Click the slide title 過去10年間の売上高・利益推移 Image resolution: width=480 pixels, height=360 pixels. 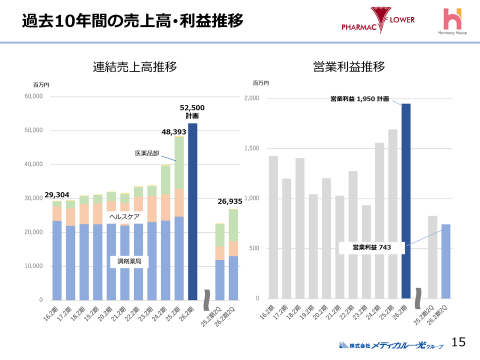coord(132,21)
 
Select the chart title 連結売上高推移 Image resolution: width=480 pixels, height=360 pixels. coord(135,67)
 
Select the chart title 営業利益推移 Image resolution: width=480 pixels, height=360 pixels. coord(348,67)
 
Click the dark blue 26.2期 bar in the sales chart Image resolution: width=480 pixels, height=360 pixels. coord(192,211)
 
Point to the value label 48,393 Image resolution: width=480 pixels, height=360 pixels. coord(173,132)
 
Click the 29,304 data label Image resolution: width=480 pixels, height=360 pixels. coord(57,194)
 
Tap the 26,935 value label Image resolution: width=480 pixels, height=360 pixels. coord(230,201)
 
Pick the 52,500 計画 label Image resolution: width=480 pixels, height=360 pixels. coord(192,111)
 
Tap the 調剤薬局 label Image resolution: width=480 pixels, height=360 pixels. coord(129,261)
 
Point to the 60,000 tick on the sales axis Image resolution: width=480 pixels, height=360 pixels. coord(34,96)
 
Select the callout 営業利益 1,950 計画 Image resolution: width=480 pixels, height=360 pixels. coord(359,99)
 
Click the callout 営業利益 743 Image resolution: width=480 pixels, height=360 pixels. coord(371,247)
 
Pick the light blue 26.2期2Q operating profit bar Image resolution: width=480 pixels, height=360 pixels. coord(445,261)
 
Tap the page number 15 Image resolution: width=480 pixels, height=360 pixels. coord(458,341)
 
